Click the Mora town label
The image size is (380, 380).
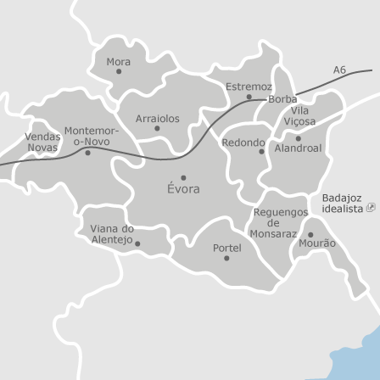tap(118, 62)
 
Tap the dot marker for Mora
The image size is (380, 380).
tap(119, 71)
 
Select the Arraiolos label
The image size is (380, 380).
tap(158, 119)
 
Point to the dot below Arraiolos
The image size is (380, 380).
tap(157, 129)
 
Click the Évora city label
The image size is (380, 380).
tap(183, 189)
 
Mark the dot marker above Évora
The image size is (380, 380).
tap(183, 178)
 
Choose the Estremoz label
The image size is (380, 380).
tap(248, 87)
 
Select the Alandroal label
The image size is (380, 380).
tap(298, 147)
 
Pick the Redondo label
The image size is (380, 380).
tap(243, 142)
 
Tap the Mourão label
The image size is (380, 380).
tap(317, 243)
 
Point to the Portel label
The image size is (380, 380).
tap(226, 249)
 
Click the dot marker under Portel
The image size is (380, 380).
tap(226, 258)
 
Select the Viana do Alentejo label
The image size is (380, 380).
tap(112, 234)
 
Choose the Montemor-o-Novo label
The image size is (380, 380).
tap(92, 137)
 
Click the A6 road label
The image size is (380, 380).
tap(339, 70)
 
